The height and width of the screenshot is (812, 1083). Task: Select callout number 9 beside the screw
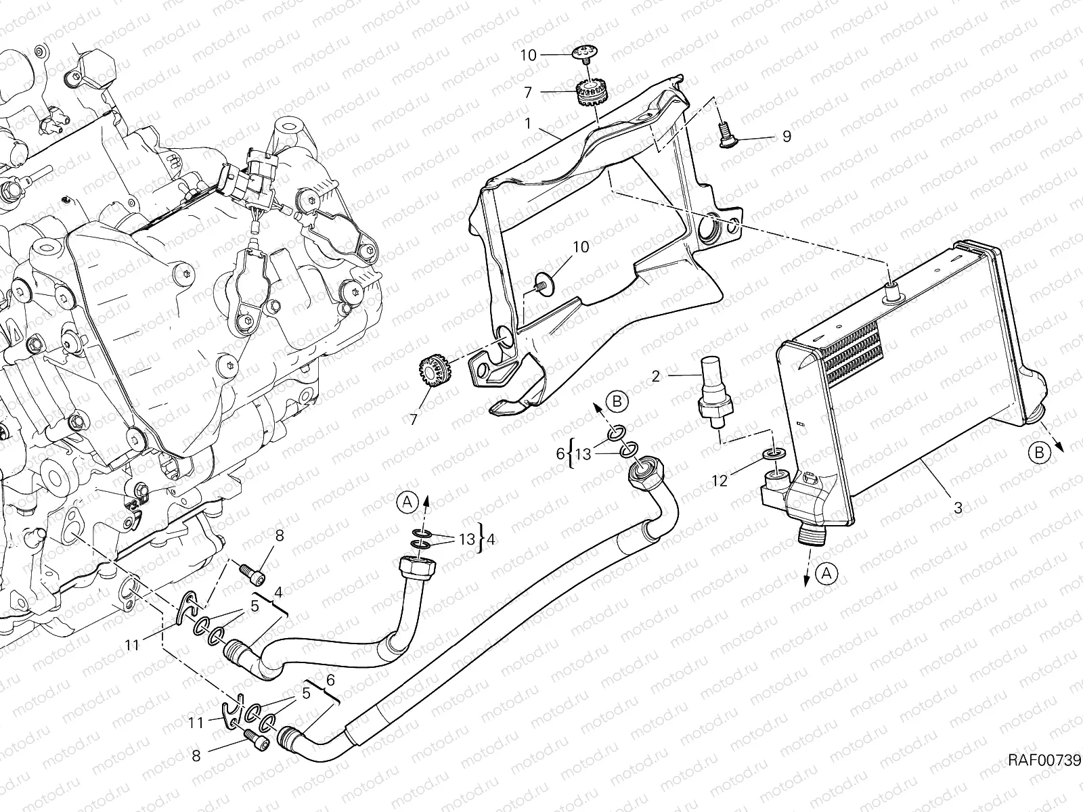click(x=786, y=137)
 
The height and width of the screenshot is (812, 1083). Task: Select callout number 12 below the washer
click(x=720, y=480)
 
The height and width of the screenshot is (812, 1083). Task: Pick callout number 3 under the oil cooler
click(x=957, y=507)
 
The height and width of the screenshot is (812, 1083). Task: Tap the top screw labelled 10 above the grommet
click(x=587, y=53)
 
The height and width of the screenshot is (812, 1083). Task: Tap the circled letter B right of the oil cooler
click(x=1039, y=453)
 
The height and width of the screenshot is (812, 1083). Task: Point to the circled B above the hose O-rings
click(x=617, y=401)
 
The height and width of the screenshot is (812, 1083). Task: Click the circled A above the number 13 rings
click(x=407, y=501)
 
